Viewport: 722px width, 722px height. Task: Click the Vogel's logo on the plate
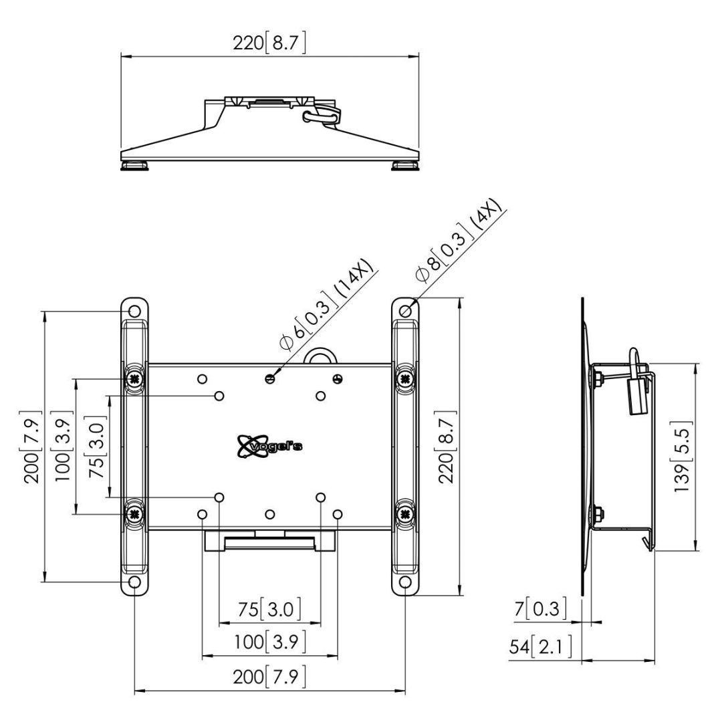269,446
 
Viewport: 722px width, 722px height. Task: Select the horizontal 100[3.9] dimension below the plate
269,642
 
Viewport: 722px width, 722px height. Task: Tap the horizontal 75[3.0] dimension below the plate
269,609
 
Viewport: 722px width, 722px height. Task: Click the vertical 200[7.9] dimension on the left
32,446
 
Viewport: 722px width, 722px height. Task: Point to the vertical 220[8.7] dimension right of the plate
446,446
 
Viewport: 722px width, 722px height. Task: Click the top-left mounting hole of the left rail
135,312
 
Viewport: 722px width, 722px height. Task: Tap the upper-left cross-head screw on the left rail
135,378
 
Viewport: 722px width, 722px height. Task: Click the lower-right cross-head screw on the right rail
405,513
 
